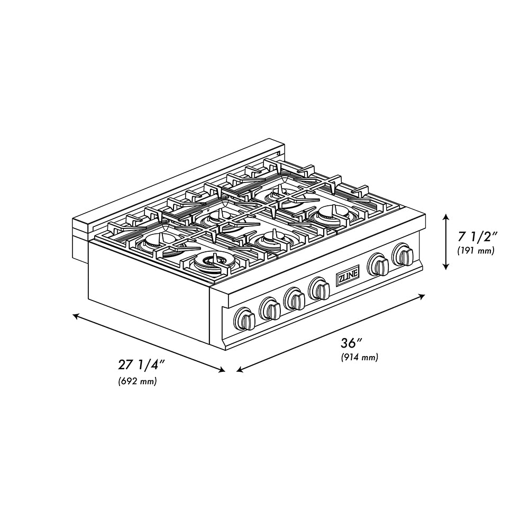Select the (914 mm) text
(359, 357)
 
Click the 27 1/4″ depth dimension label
(141, 365)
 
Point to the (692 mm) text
(138, 381)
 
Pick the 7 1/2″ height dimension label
(477, 237)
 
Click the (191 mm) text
(476, 251)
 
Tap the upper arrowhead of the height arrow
(446, 217)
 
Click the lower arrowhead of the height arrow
(446, 266)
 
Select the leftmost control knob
(244, 318)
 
